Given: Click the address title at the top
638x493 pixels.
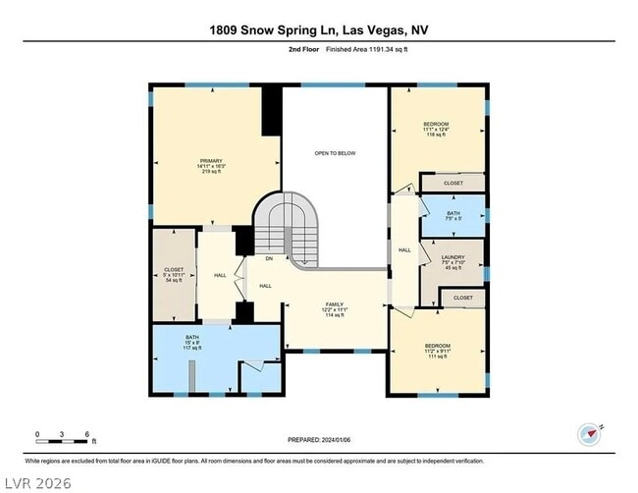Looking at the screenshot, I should click(x=319, y=29).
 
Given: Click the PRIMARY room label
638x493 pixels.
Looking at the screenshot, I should click(x=211, y=166).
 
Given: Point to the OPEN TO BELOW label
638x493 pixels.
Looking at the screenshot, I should click(x=334, y=154).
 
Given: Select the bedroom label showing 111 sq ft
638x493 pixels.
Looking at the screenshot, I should click(x=437, y=351).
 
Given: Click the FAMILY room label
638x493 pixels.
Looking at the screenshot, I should click(x=335, y=310).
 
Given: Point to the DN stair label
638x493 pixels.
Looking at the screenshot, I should click(x=268, y=258).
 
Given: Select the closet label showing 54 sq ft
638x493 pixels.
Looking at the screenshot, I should click(x=174, y=275).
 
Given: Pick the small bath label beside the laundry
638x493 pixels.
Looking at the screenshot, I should click(x=453, y=216).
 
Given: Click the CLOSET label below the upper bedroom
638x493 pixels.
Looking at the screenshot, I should click(x=452, y=183).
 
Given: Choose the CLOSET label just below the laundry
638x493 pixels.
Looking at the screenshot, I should click(x=462, y=298).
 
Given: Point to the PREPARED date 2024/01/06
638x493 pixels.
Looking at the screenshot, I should click(x=319, y=441).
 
